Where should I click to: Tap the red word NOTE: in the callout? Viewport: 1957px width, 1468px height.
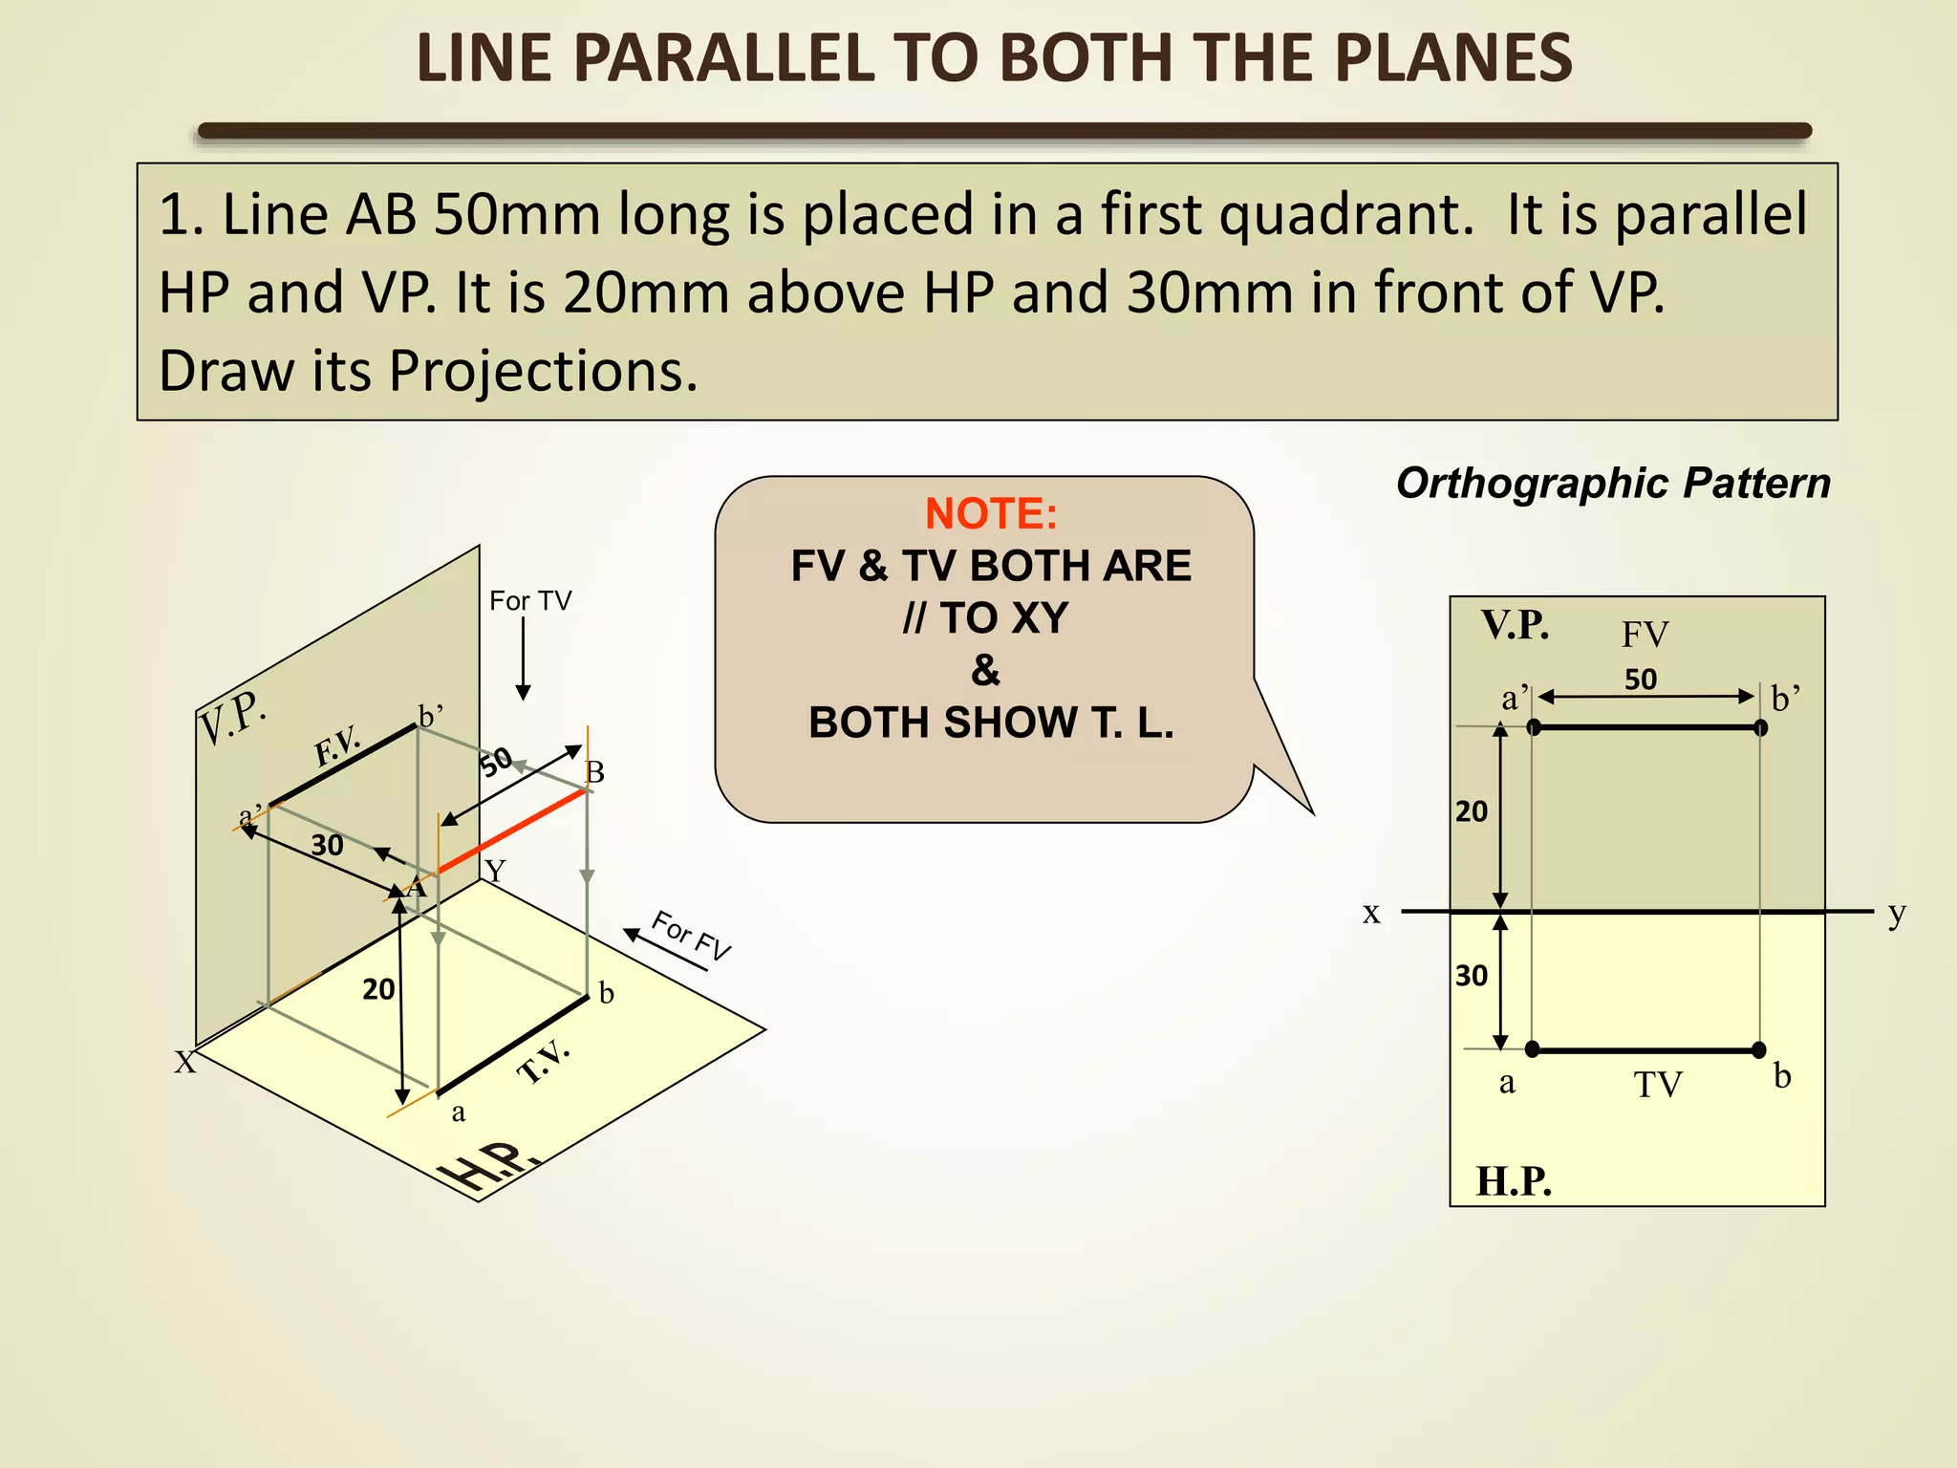[x=991, y=514]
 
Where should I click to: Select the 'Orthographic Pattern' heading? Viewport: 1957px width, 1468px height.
[x=1613, y=484]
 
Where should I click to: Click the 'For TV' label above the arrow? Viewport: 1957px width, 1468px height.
[x=530, y=601]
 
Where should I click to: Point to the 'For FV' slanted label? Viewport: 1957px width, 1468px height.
[x=691, y=935]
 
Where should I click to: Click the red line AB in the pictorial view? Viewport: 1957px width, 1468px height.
[x=511, y=831]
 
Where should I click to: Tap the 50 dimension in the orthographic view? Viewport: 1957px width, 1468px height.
[x=1641, y=680]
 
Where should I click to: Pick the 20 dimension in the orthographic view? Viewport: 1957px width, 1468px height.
[x=1472, y=811]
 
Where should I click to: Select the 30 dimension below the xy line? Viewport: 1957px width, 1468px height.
[x=1472, y=976]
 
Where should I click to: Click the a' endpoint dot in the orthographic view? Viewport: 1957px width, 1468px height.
[x=1534, y=727]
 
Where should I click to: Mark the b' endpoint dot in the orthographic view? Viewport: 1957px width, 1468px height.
[x=1761, y=727]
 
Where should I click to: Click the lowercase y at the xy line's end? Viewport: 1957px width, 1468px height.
[x=1897, y=913]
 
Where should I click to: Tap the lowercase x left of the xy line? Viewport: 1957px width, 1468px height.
[x=1371, y=913]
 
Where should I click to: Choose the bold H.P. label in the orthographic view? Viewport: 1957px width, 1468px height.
[x=1514, y=1181]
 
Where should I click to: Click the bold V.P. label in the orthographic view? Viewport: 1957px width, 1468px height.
[x=1516, y=625]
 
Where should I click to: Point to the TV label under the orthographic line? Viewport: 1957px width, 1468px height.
[x=1657, y=1085]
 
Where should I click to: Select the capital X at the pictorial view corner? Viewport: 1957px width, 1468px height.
[x=184, y=1062]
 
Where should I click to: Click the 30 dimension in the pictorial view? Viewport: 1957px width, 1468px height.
[x=327, y=845]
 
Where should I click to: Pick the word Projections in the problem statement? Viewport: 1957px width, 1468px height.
[x=543, y=371]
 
